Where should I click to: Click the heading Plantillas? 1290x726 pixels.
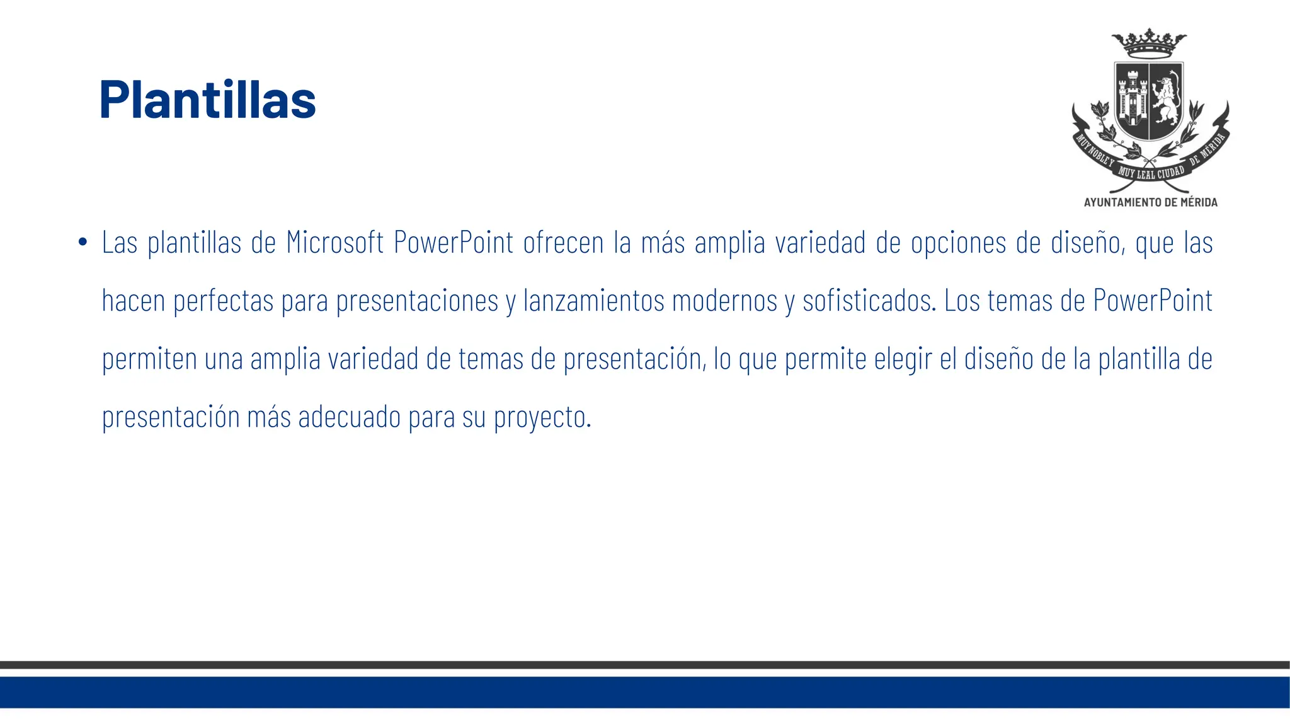207,100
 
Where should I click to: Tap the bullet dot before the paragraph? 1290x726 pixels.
83,243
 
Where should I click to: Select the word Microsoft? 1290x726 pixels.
334,243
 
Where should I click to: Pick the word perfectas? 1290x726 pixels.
223,301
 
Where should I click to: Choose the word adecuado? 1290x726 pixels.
350,417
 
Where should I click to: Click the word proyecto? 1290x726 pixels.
542,417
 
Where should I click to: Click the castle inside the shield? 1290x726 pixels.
1132,100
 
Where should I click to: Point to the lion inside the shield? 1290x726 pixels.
1166,100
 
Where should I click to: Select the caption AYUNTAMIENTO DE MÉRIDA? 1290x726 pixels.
1150,202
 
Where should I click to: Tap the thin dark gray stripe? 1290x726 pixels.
645,665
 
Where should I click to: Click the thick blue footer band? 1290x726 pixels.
645,692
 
